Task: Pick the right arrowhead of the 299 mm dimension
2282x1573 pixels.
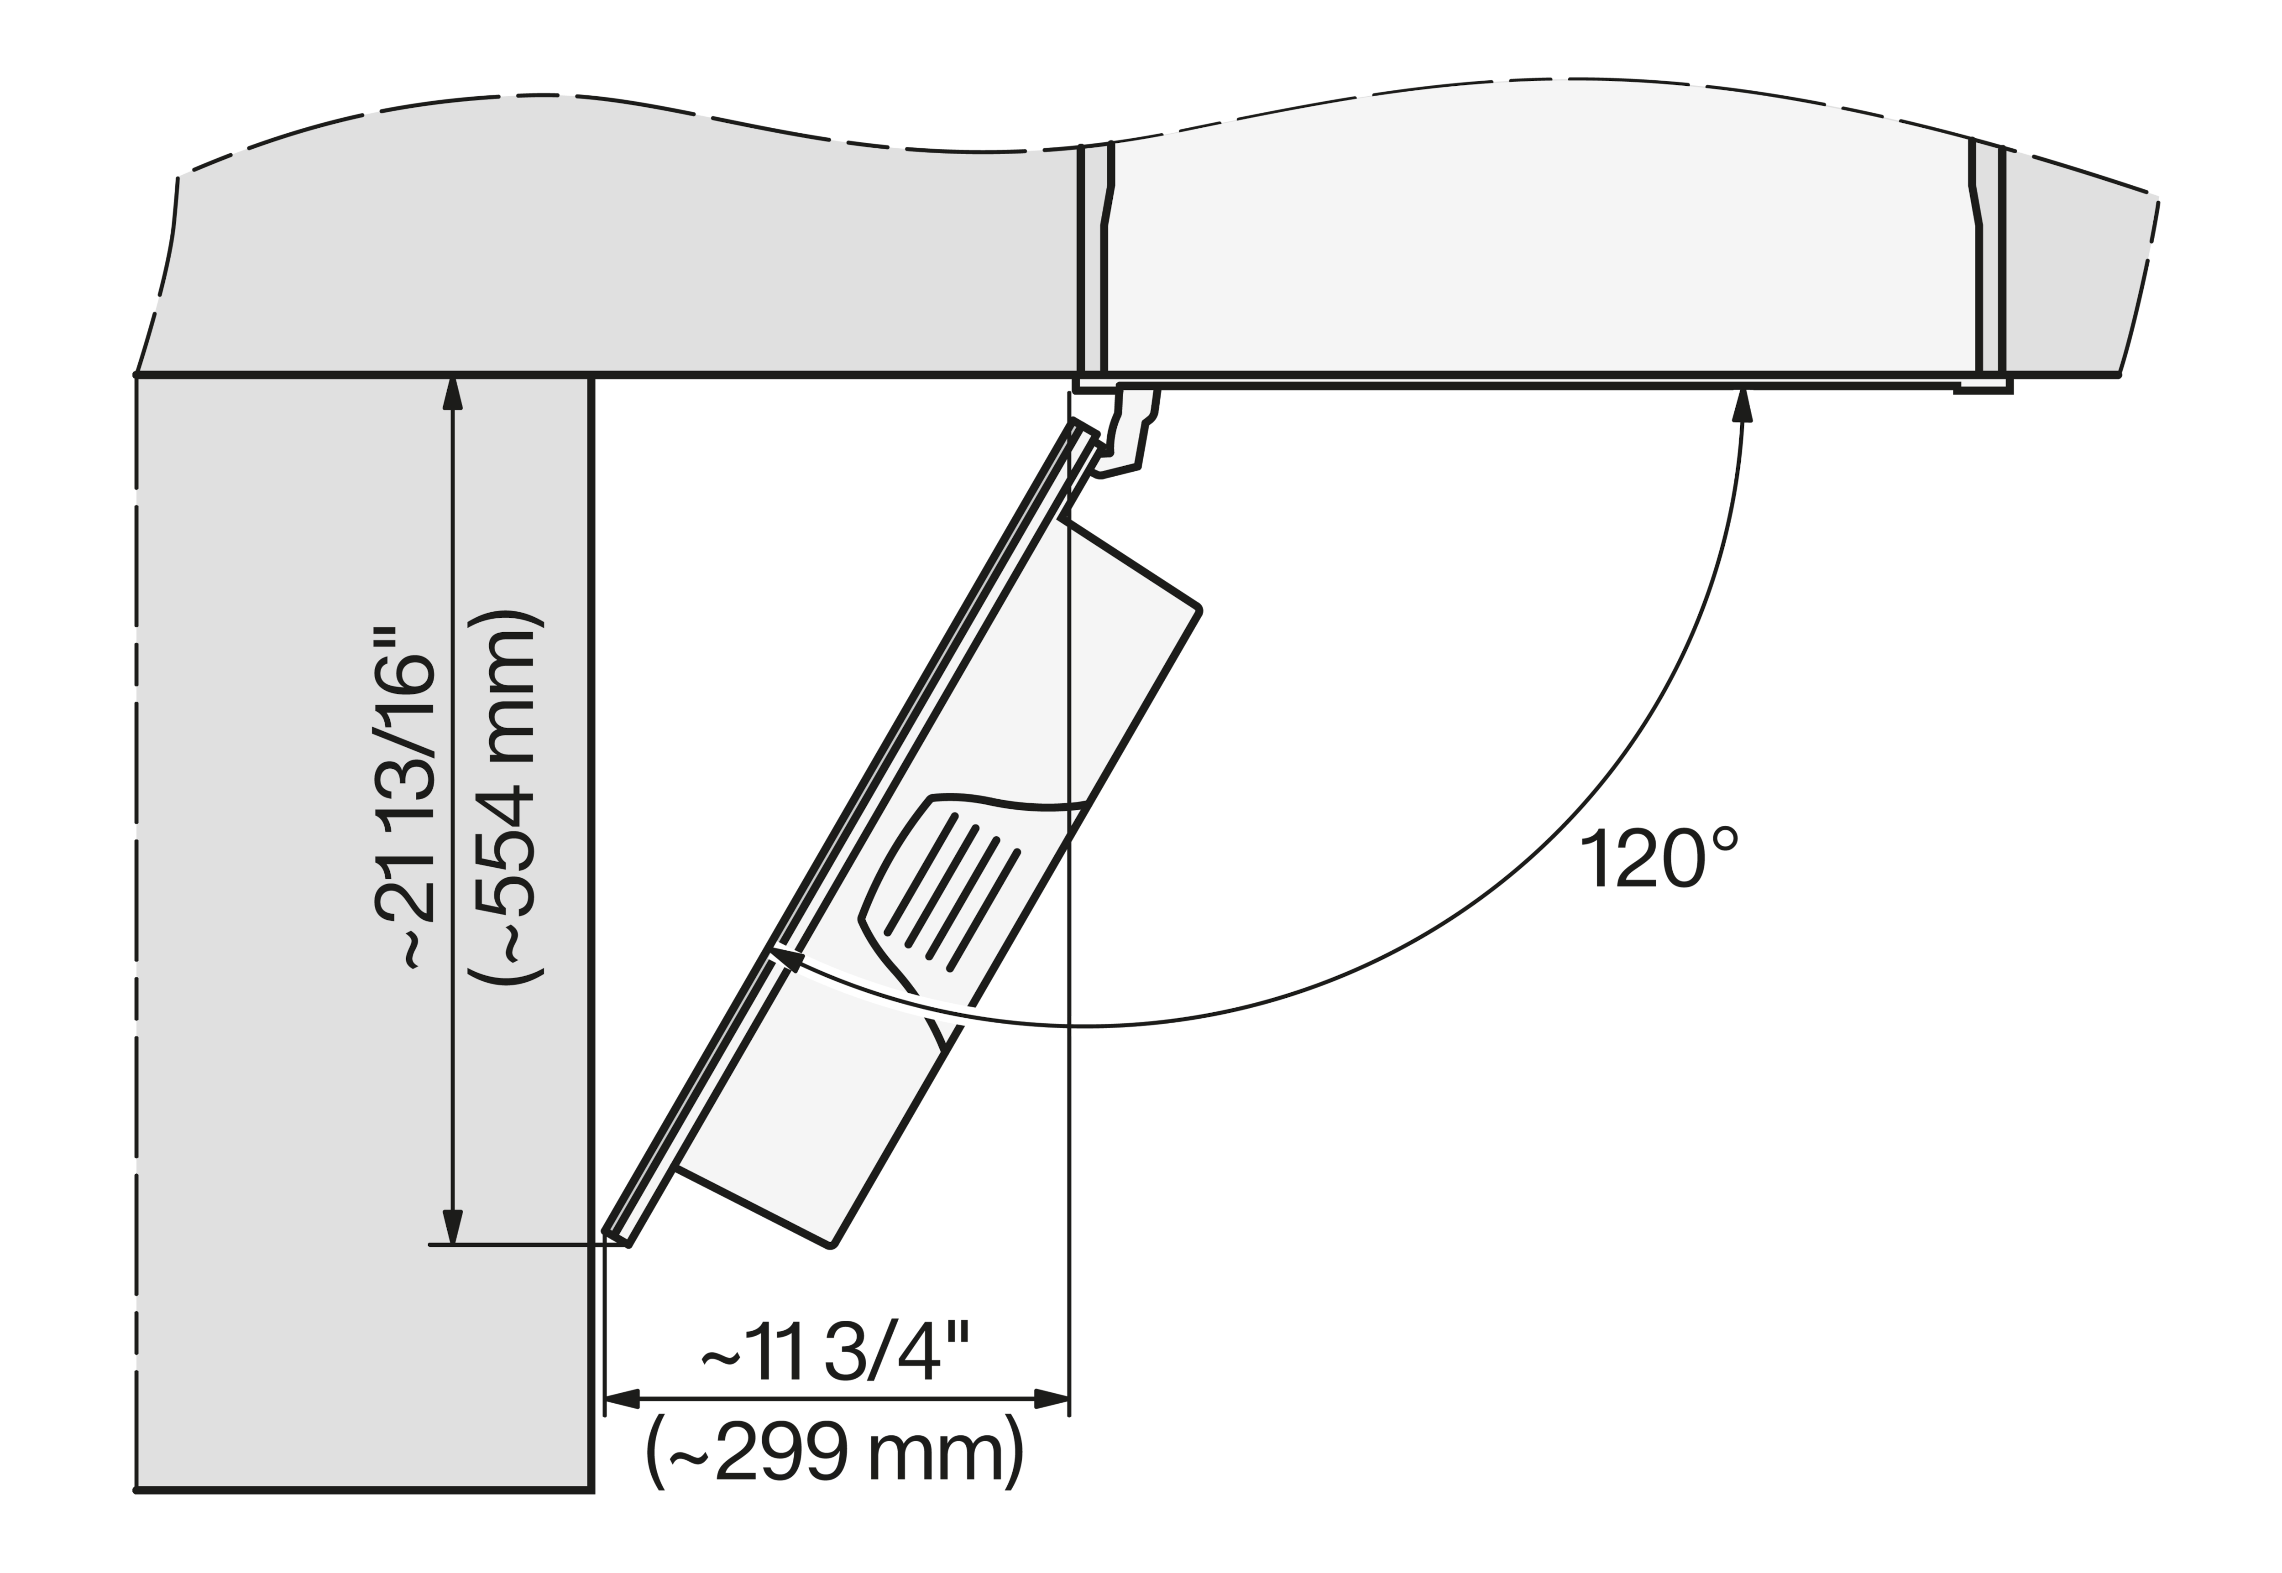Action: coord(1052,1397)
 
